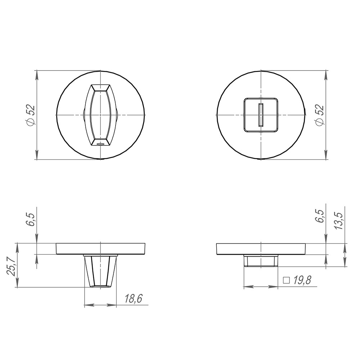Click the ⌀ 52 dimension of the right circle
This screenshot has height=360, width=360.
coord(319,115)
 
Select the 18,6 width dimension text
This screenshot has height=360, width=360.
coord(133,298)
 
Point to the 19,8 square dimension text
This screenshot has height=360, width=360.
coord(302,280)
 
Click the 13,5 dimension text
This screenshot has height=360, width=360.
coord(338,220)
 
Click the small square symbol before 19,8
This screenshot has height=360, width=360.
coord(287,280)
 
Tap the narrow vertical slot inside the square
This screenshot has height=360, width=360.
coord(261,114)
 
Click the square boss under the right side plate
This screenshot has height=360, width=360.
coord(261,260)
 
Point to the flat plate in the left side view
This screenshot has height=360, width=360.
coord(101,249)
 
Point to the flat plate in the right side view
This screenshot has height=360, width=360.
coord(261,249)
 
